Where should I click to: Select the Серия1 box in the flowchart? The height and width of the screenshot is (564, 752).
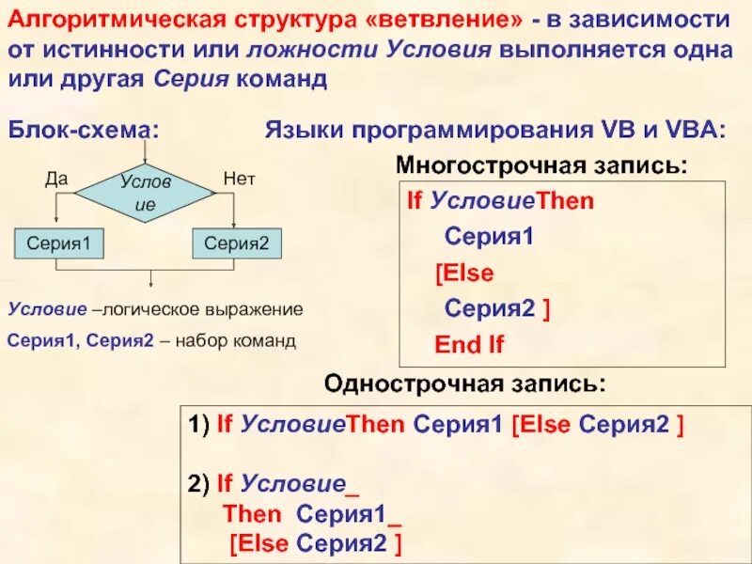[58, 243]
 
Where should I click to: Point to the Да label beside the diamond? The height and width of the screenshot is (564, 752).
[56, 178]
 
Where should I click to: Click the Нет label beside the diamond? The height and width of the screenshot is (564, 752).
[239, 178]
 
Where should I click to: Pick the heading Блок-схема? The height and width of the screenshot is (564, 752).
[83, 129]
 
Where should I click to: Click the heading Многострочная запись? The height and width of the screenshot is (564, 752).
[541, 165]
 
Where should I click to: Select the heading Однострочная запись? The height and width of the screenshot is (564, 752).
[465, 384]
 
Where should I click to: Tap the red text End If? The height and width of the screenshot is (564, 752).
[469, 345]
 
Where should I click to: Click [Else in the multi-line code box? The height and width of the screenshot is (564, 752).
[464, 274]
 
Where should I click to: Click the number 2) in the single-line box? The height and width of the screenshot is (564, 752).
[197, 485]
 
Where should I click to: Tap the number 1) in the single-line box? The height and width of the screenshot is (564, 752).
[197, 425]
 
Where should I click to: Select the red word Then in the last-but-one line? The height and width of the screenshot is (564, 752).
[252, 514]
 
